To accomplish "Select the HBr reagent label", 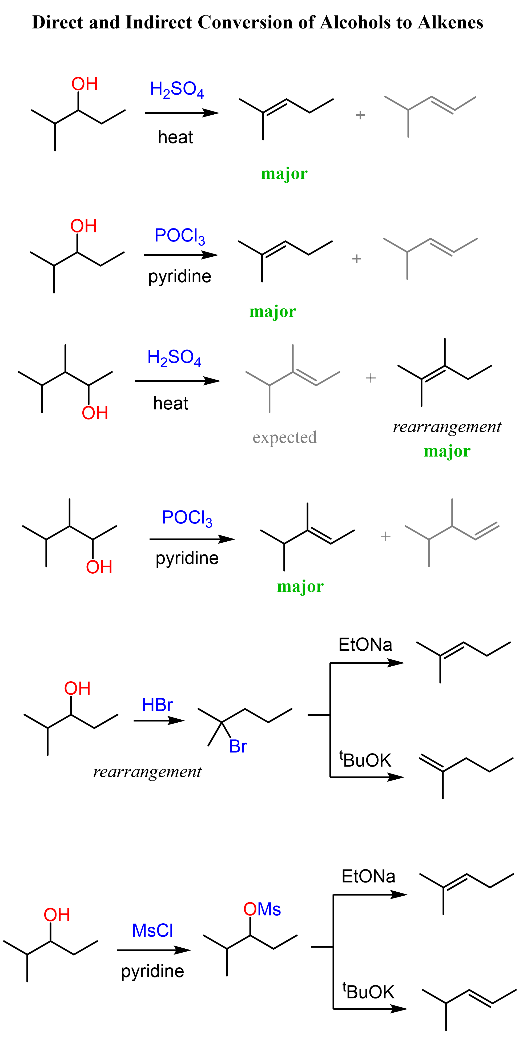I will tap(157, 705).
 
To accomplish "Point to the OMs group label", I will tap(262, 909).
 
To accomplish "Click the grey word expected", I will tap(284, 437).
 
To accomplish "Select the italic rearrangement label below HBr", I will tap(147, 771).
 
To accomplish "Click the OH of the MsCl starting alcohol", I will tap(57, 915).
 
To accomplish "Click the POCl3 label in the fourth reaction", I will tap(187, 518).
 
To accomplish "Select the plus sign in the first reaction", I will tap(360, 115).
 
